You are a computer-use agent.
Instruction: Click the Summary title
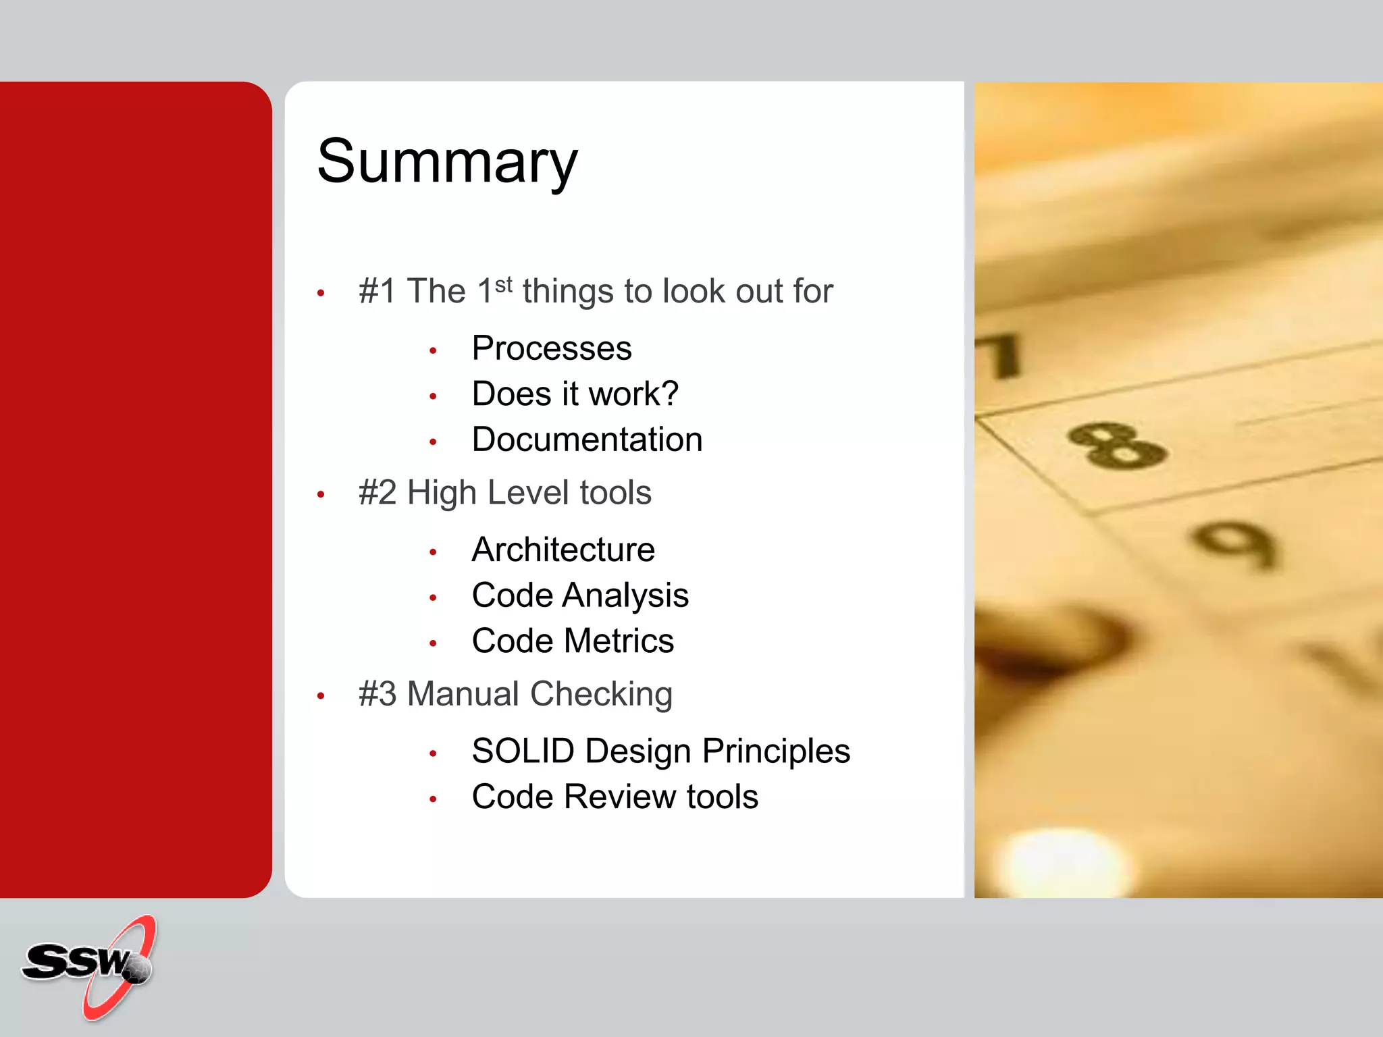[x=447, y=162]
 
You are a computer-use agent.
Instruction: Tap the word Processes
[x=551, y=348]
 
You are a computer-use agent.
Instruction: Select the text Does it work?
[x=575, y=394]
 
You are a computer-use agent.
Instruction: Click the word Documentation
[x=587, y=440]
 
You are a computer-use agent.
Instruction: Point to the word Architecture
[x=563, y=550]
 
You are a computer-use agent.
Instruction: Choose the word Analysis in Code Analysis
[x=625, y=595]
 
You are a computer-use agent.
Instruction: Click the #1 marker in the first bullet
[x=377, y=292]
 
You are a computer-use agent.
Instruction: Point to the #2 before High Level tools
[x=377, y=493]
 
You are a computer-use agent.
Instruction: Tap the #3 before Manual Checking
[x=377, y=694]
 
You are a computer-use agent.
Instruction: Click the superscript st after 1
[x=504, y=284]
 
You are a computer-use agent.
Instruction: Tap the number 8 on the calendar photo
[x=1118, y=446]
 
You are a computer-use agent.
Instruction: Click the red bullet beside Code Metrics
[x=434, y=643]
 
